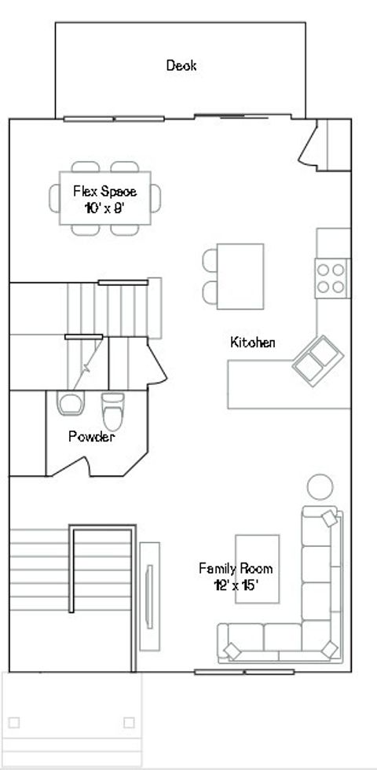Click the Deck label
[181, 66]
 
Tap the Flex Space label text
[104, 191]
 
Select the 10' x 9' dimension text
[104, 208]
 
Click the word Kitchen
[252, 342]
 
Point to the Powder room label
[91, 437]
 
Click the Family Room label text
[236, 568]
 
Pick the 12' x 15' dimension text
[236, 585]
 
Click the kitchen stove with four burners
[332, 277]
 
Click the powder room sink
[70, 404]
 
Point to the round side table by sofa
[320, 487]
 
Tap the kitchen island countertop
[240, 277]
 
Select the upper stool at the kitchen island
[210, 261]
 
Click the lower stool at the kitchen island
[210, 292]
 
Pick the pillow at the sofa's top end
[329, 518]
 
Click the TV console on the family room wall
[149, 595]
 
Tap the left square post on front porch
[13, 723]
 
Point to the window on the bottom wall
[244, 672]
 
